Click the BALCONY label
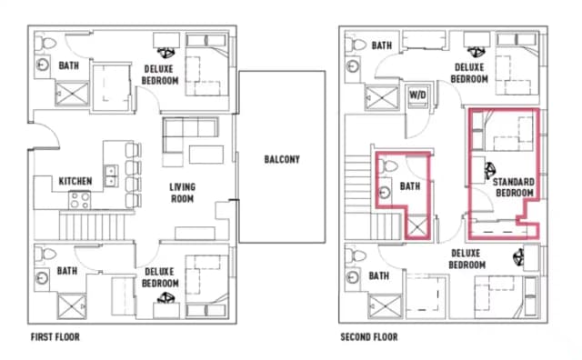pos(282,160)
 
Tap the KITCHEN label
pos(75,181)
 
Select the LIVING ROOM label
pos(183,194)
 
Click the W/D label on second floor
pos(419,94)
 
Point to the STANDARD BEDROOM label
pos(514,188)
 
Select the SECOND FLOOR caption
pos(368,337)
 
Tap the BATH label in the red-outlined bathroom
pos(411,187)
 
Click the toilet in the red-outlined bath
pos(385,168)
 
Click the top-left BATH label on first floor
pos(69,65)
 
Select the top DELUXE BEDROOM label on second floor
pos(471,74)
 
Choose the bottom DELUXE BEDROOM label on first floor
pos(160,276)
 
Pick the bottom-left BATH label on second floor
pos(379,275)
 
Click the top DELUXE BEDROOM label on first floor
pos(160,74)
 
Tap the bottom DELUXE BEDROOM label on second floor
pos(467,259)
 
